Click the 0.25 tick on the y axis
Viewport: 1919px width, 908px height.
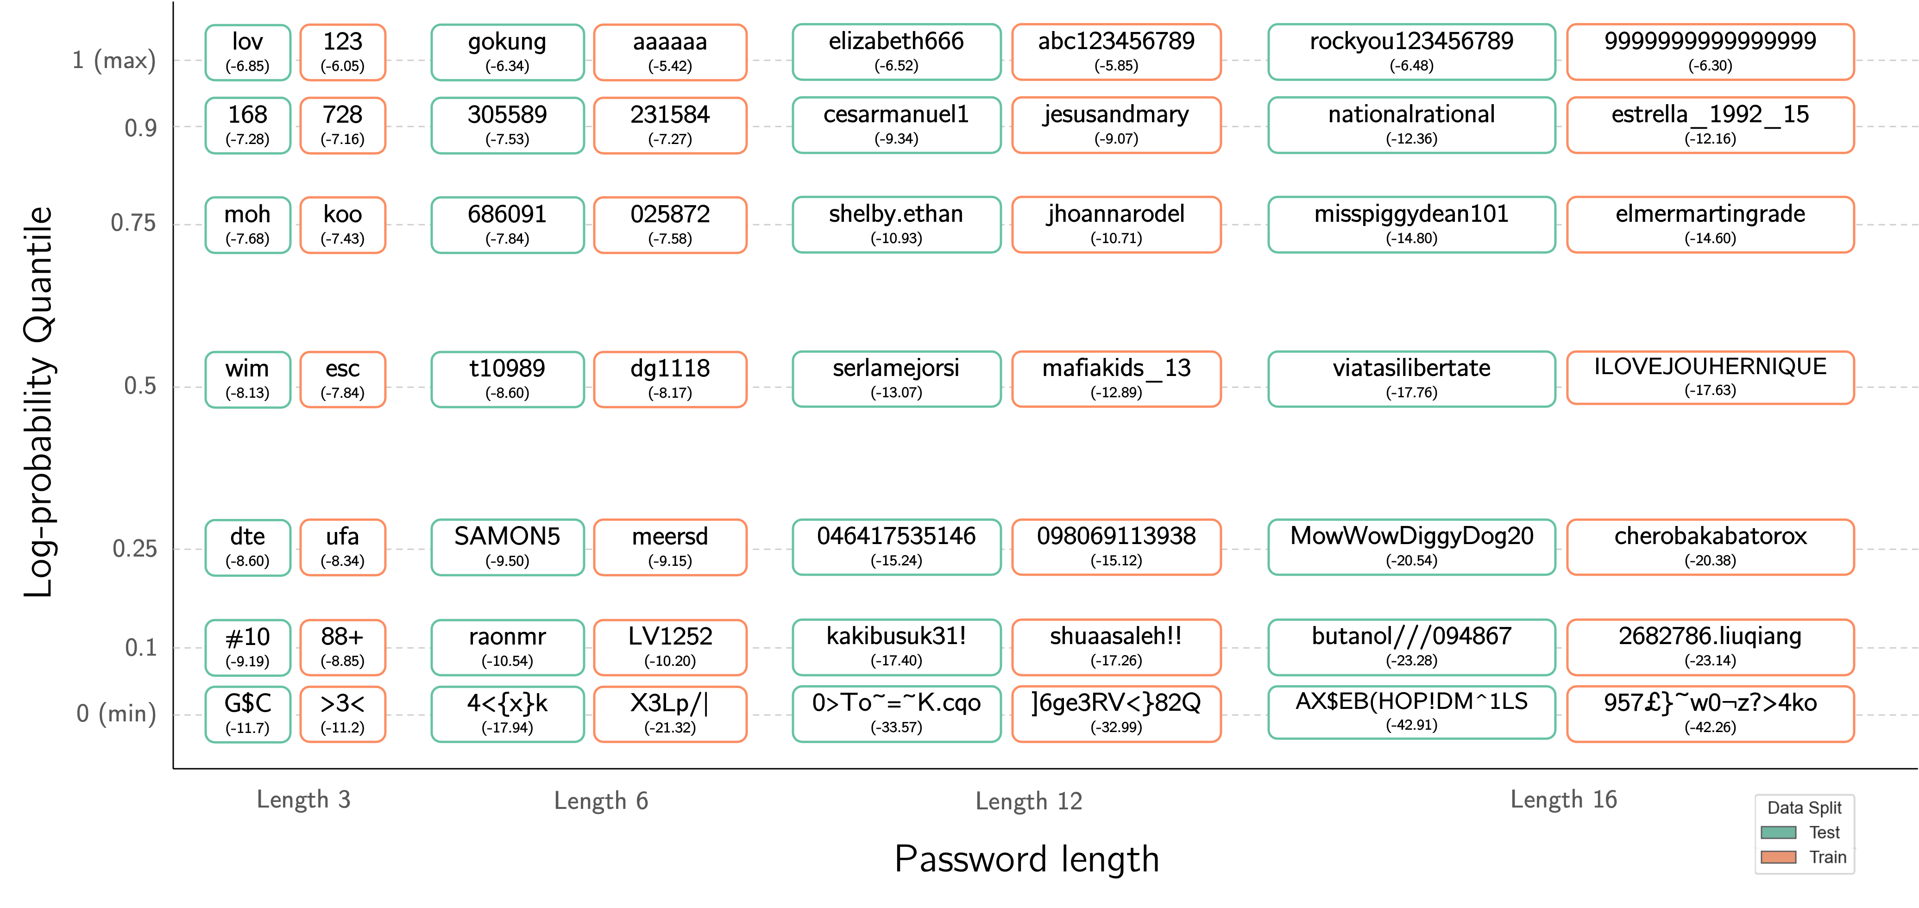135,549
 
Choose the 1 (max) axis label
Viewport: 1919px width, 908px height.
115,60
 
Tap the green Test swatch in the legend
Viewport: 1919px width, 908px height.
1778,833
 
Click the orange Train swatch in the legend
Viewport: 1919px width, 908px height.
1778,858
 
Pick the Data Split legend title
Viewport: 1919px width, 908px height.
1804,808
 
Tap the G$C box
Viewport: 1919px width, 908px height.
247,714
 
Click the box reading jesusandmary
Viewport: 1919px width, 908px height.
1116,125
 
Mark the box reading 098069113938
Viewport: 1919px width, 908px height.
1116,547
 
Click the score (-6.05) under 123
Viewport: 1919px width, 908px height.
343,66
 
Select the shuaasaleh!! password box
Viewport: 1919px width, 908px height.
1116,646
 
